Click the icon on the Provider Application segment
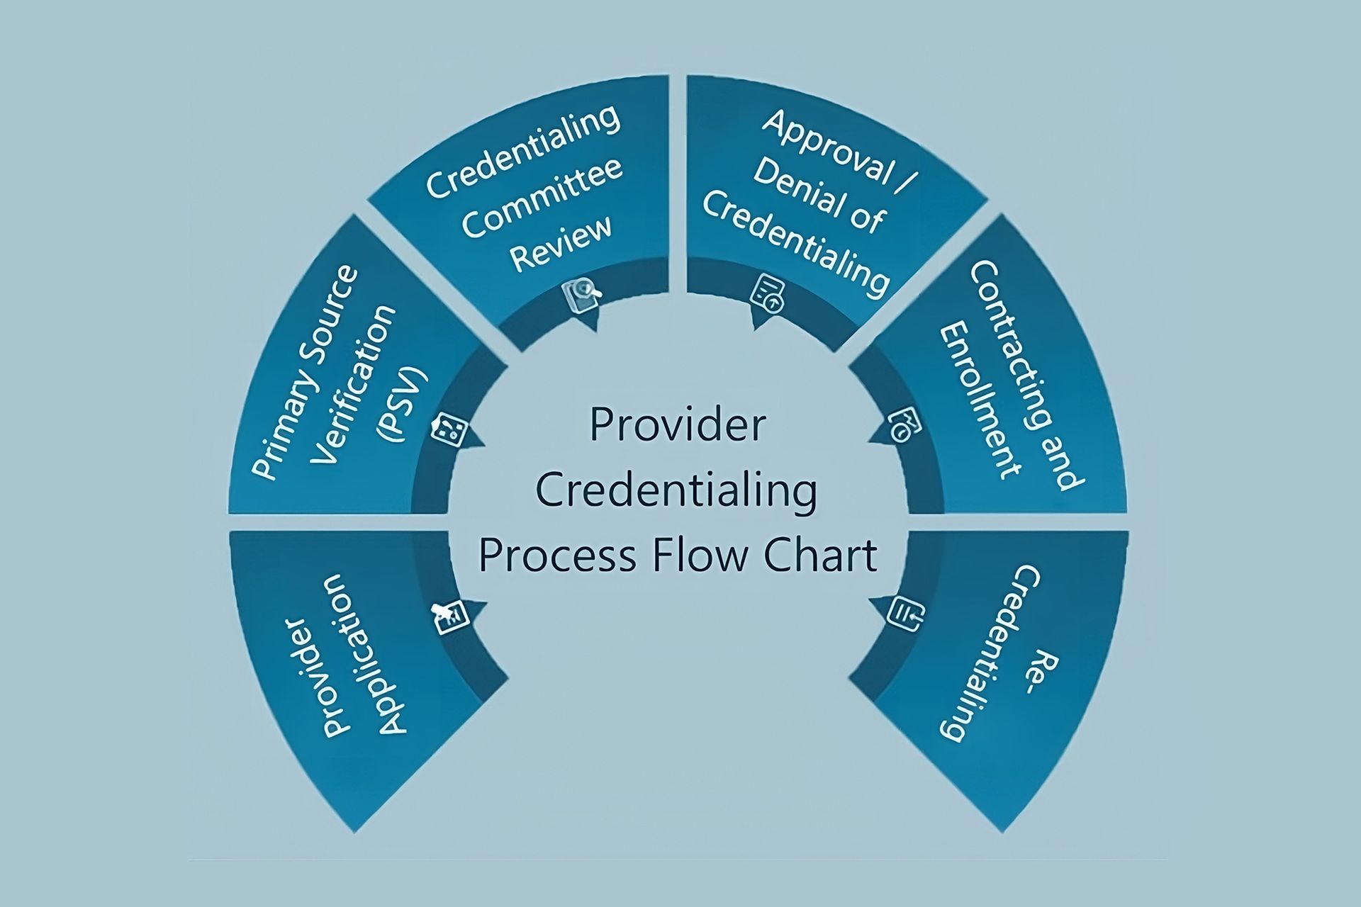[450, 616]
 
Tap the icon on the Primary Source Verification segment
[450, 429]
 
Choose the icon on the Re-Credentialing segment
[905, 612]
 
